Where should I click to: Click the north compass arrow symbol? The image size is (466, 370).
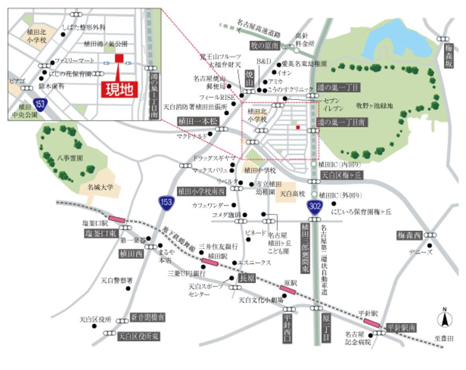[444, 319]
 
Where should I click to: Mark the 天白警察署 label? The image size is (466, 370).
[116, 280]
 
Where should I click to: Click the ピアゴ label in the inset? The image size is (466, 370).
[17, 81]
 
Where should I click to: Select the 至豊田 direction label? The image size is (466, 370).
[444, 338]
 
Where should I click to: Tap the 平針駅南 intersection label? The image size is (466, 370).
[402, 328]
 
